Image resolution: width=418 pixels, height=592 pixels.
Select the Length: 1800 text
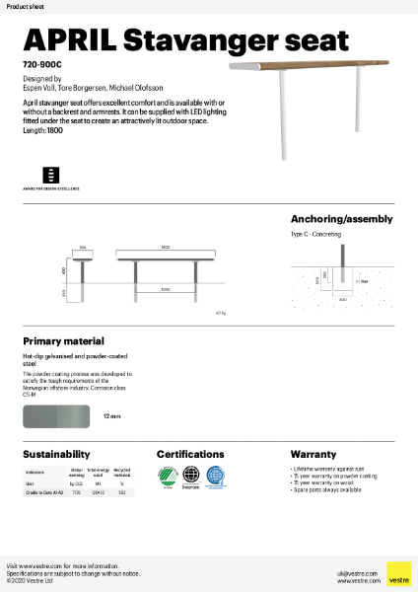point(42,131)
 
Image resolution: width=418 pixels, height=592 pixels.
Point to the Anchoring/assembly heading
point(342,219)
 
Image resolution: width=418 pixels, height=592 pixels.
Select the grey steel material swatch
point(57,416)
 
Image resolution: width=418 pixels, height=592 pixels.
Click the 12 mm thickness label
point(112,417)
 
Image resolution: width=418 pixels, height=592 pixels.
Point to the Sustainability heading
point(57,455)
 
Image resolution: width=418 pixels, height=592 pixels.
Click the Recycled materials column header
point(121,472)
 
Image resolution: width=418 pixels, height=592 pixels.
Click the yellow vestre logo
point(398,574)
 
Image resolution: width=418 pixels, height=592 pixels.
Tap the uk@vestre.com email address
point(351,572)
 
